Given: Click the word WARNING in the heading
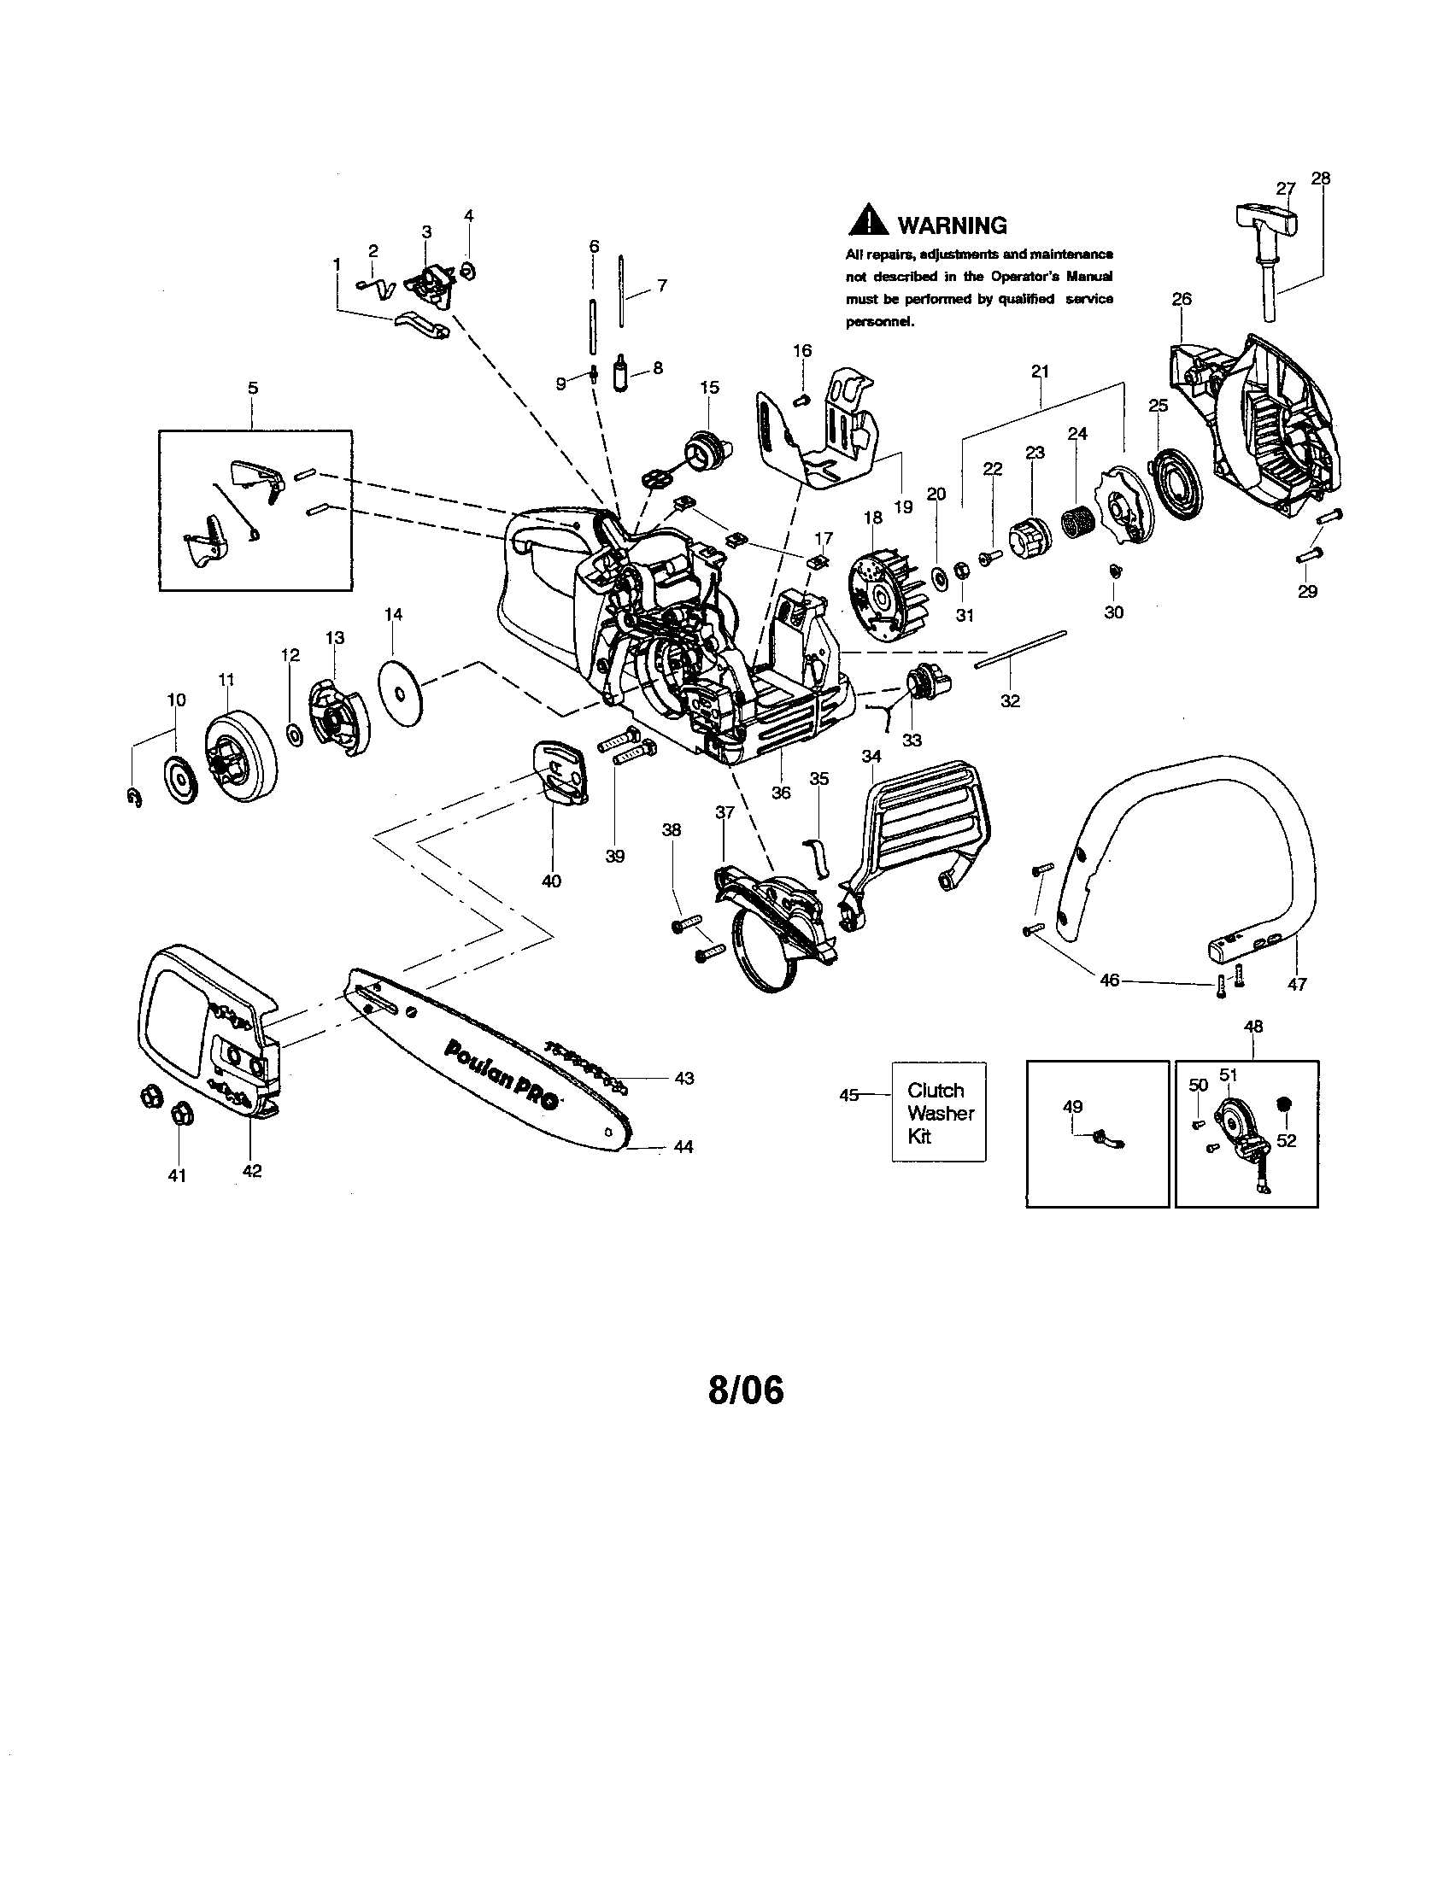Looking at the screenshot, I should click(x=952, y=225).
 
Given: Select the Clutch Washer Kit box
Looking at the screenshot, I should click(x=939, y=1112).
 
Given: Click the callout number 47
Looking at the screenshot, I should click(x=1296, y=984).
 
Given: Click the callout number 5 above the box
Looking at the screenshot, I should click(x=252, y=388).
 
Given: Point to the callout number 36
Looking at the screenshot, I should click(x=780, y=793).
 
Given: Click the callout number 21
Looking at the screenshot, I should click(x=1040, y=372).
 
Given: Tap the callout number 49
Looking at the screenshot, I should click(x=1073, y=1106).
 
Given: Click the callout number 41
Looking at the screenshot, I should click(x=176, y=1175).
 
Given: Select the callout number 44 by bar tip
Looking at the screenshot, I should click(x=683, y=1147).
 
